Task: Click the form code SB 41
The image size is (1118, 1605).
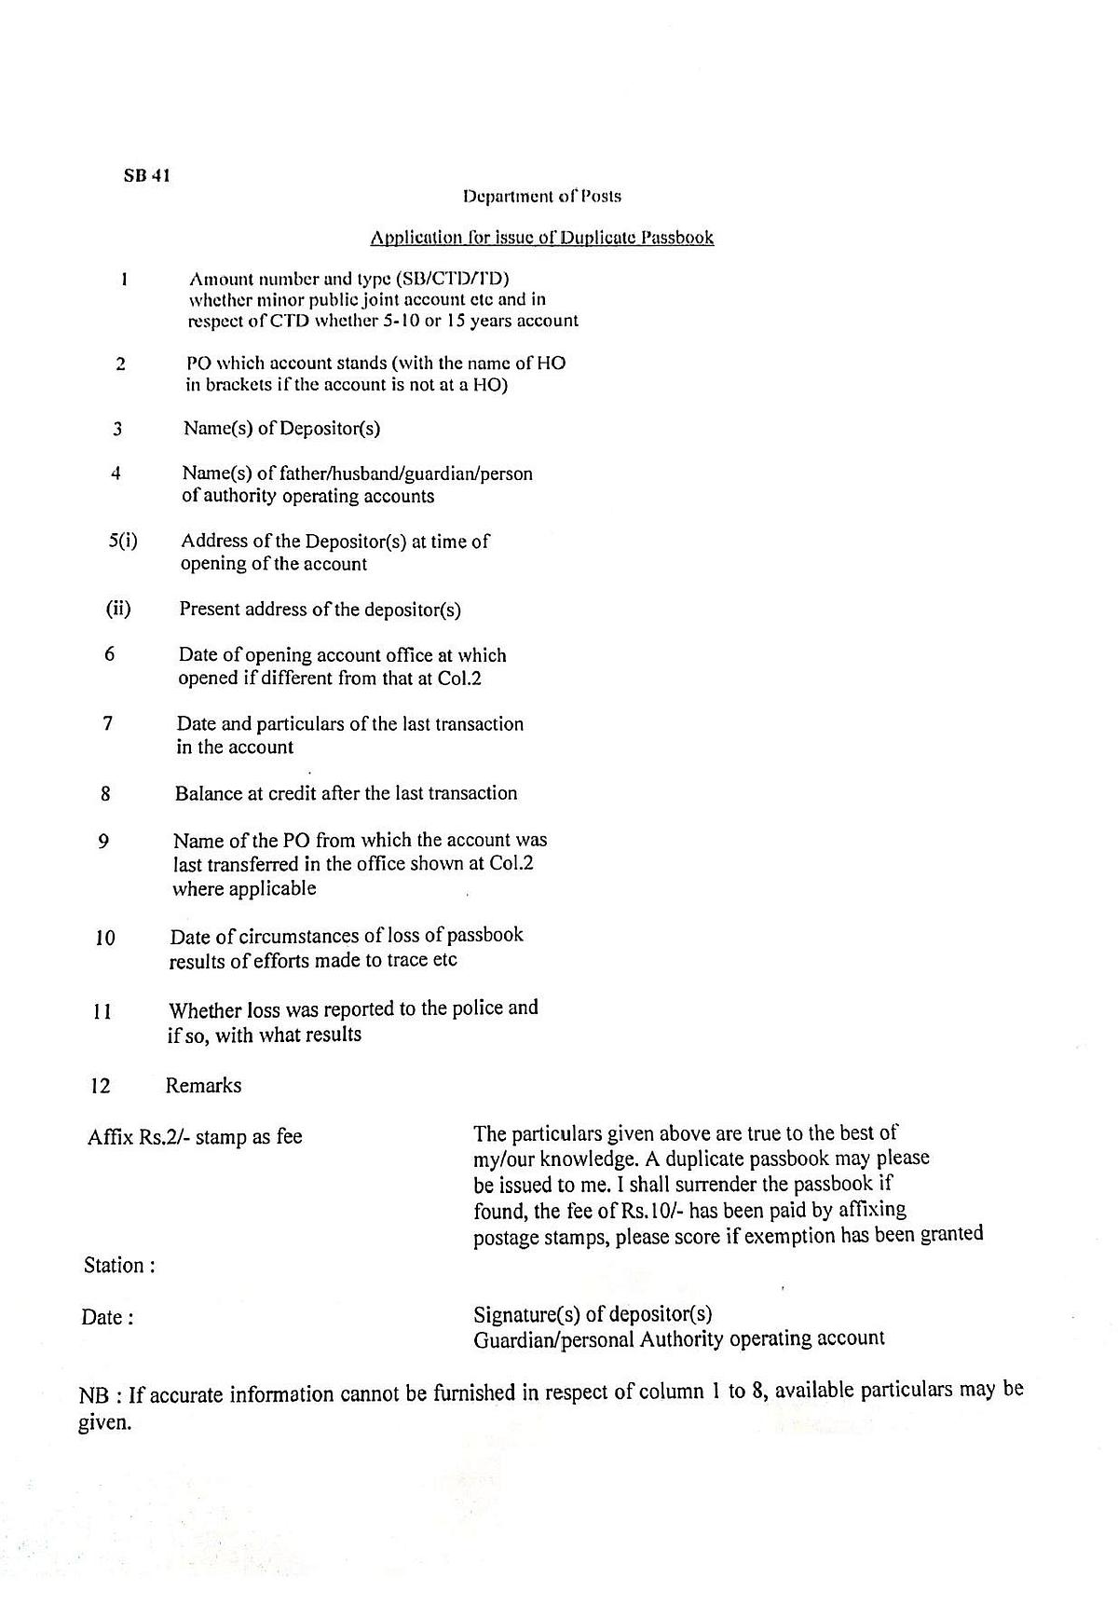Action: tap(147, 175)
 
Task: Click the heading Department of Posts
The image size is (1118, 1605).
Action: tap(541, 197)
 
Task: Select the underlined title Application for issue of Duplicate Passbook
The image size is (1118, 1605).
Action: tap(541, 238)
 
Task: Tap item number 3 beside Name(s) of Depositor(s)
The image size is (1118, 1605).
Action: tap(117, 430)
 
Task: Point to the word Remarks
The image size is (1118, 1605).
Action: tap(203, 1085)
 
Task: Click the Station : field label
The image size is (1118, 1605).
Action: tap(119, 1266)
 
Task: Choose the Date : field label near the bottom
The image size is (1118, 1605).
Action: tap(107, 1317)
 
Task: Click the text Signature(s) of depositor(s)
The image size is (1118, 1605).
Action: tap(593, 1314)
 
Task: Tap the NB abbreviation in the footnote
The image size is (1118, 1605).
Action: tap(94, 1396)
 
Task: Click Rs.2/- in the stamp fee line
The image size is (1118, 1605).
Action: tap(165, 1137)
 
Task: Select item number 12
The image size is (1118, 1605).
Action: tap(101, 1086)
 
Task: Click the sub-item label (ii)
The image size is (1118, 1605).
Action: tap(118, 610)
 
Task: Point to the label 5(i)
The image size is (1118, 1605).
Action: tap(123, 542)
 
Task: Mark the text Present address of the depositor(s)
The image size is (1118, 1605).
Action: tap(320, 610)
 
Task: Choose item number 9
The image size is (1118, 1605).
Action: tap(103, 842)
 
